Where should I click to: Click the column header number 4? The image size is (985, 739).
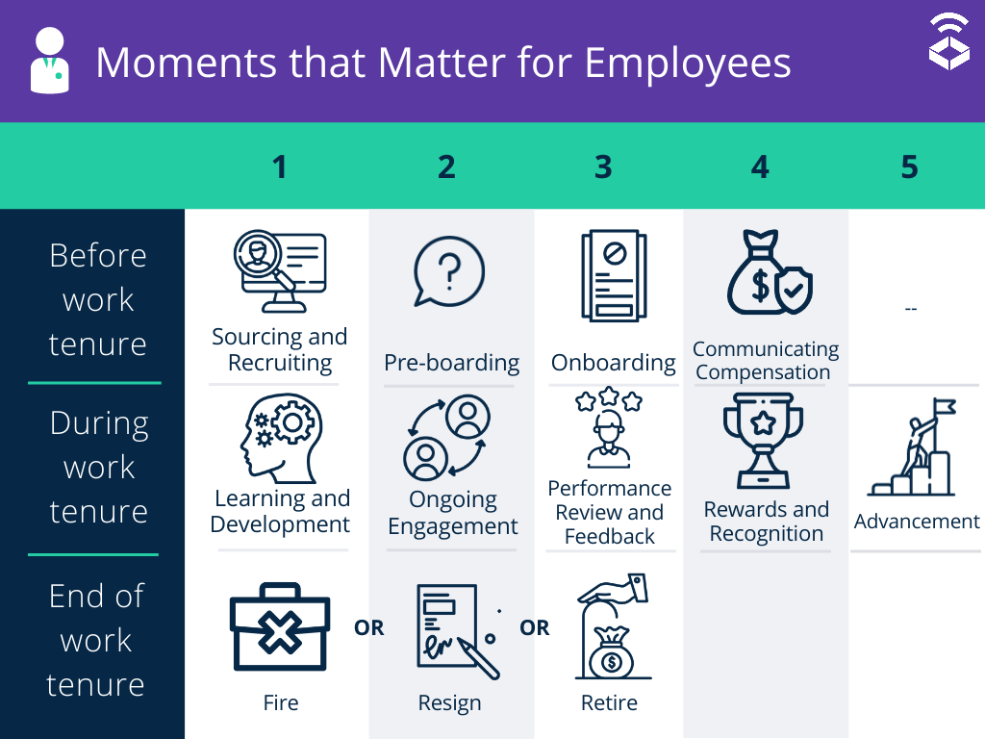point(760,167)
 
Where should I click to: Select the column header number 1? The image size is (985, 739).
point(279,167)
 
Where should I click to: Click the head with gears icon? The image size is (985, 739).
point(280,440)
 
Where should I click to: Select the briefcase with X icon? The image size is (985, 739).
point(280,628)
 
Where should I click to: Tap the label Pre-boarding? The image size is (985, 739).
point(451,363)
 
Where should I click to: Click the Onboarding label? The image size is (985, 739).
point(613,363)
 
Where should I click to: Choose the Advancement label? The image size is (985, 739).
point(917,521)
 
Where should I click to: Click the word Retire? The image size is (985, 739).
point(609,702)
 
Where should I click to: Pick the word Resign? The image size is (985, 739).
point(449,703)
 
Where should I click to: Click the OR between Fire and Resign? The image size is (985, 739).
point(369,628)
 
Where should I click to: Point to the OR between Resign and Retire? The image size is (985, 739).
point(535,628)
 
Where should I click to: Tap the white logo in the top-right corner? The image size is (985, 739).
point(948,42)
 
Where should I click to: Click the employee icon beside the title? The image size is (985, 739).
point(50,62)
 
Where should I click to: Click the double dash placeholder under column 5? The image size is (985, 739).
point(911,309)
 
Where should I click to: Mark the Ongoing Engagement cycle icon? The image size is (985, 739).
point(447,440)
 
